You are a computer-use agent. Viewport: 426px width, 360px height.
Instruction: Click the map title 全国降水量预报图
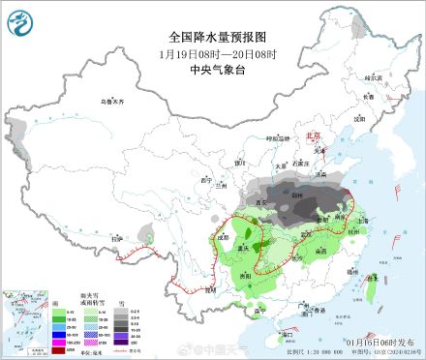(x=210, y=36)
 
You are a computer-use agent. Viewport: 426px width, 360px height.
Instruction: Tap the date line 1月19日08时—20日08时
(x=210, y=52)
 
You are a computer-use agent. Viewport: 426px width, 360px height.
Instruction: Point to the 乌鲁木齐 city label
(x=114, y=102)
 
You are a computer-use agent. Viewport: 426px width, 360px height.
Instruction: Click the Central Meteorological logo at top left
(x=22, y=21)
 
